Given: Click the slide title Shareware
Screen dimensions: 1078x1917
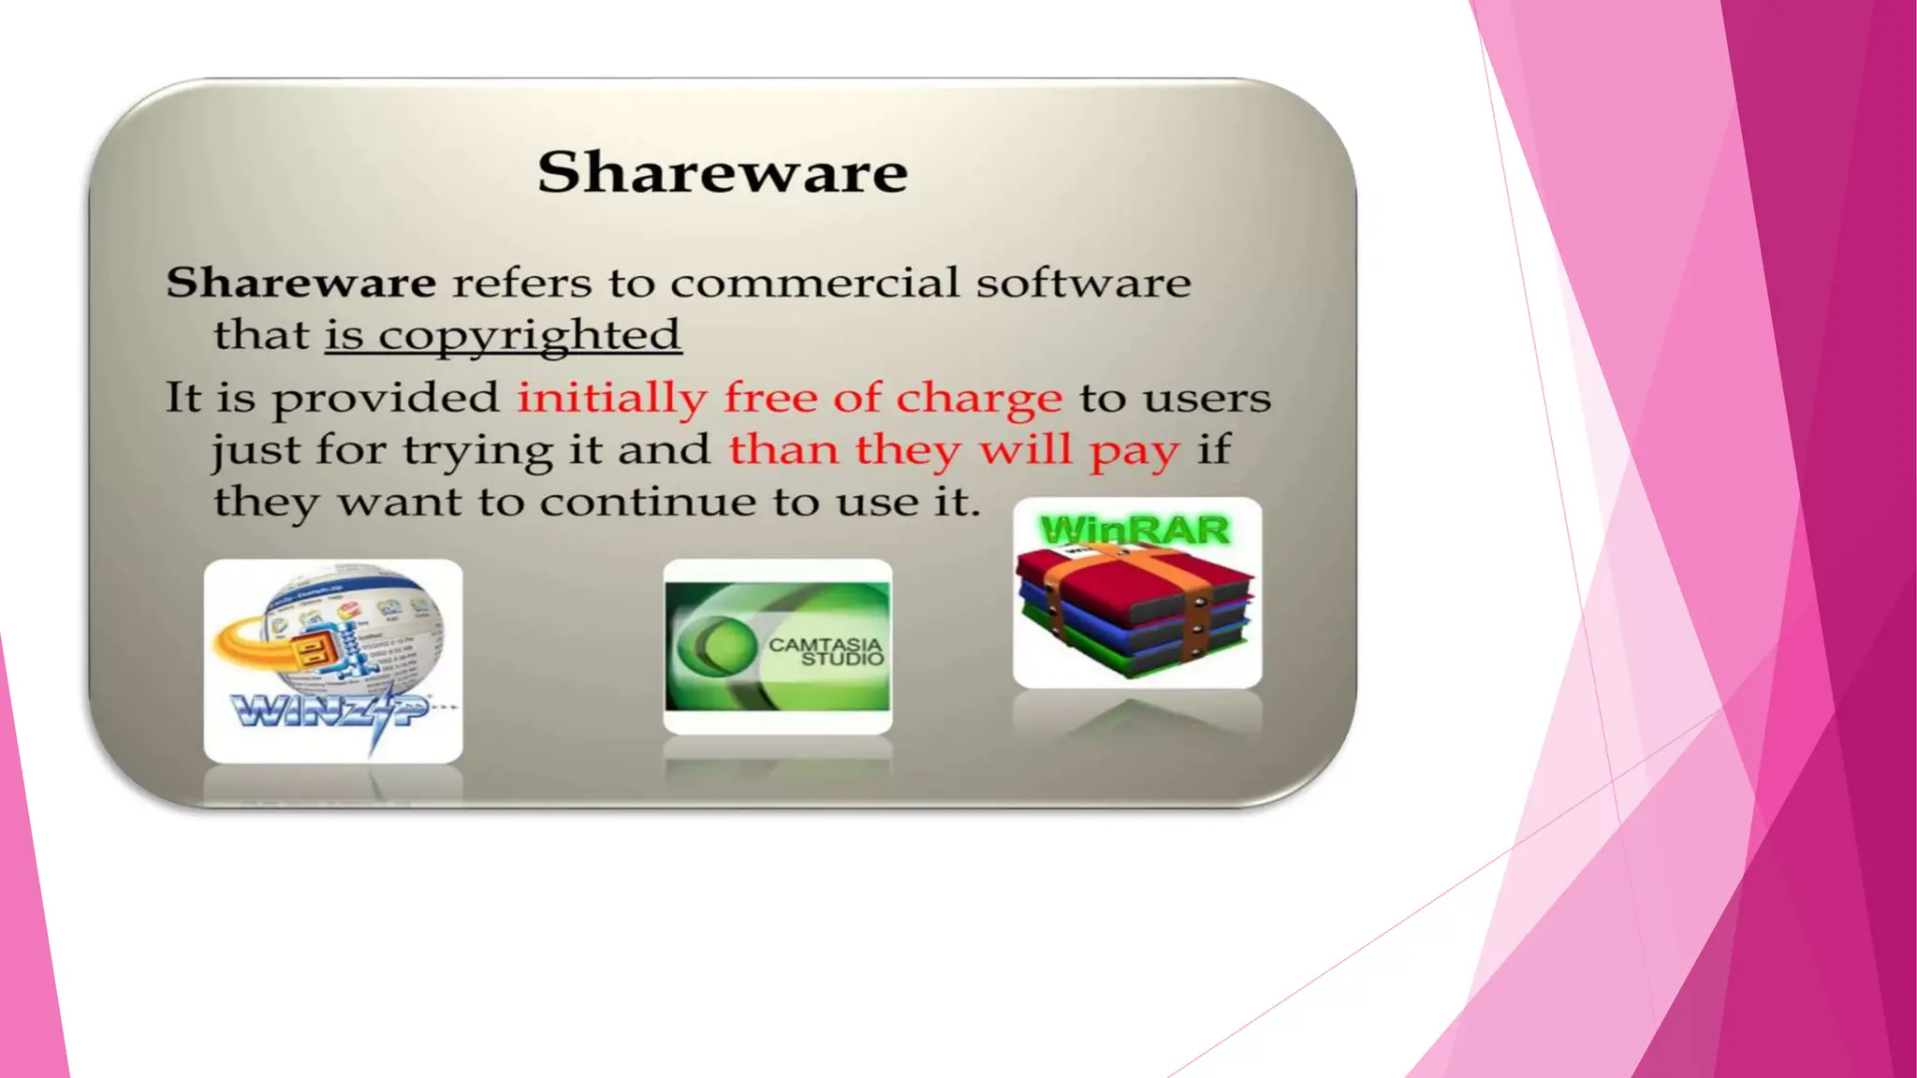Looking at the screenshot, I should point(723,173).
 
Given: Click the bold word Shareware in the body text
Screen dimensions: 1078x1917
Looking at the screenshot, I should point(300,283).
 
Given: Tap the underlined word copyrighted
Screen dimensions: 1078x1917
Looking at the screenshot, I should point(529,336).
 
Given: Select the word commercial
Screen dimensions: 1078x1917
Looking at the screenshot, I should point(814,283).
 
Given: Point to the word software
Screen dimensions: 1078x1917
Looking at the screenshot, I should point(1083,283).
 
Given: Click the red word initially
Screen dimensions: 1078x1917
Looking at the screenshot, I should point(611,399).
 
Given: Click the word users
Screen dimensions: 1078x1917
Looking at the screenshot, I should point(1207,399).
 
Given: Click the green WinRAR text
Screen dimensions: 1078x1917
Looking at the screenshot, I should point(1134,531).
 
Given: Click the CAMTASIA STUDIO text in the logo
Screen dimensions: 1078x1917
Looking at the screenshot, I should point(826,651).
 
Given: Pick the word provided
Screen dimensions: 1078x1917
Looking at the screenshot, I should point(386,399).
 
